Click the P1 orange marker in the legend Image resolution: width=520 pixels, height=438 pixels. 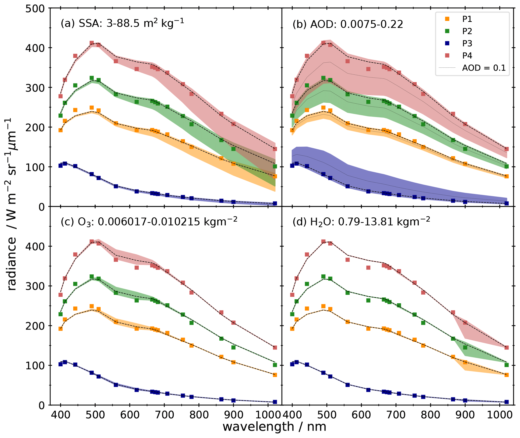447,19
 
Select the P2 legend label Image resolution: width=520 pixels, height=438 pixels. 467,31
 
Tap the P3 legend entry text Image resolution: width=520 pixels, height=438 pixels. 467,44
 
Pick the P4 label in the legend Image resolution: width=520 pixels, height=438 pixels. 467,56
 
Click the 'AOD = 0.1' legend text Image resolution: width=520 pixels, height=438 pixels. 484,68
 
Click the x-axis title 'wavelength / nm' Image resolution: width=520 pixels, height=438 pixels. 274,427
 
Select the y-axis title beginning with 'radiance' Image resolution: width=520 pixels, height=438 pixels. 12,204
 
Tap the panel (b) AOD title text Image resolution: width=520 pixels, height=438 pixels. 347,24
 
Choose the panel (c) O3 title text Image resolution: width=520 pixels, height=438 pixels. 149,222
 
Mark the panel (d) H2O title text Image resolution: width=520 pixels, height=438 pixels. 361,222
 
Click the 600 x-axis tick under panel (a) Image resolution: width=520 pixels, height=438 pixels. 130,414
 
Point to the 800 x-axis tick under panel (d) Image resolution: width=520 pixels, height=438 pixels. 430,414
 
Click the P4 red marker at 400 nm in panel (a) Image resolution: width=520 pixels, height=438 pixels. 60,96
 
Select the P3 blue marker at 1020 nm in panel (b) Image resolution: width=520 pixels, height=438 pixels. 506,203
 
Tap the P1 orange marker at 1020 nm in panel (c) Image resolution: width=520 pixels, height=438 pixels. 275,375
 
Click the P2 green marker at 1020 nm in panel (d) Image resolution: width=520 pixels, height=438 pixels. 506,365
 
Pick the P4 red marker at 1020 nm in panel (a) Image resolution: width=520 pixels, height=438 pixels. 275,149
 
